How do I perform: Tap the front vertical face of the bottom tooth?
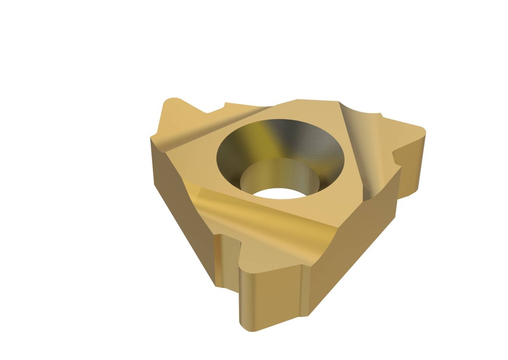pyautogui.click(x=270, y=302)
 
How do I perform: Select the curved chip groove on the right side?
pyautogui.click(x=365, y=149)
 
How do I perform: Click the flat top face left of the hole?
pyautogui.click(x=198, y=164)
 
